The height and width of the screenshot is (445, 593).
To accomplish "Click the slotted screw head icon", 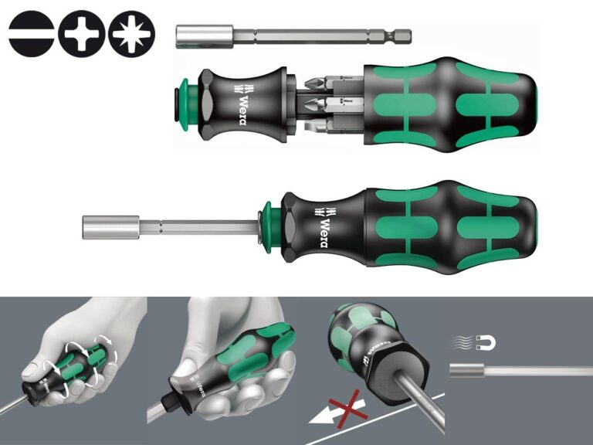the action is click(31, 34).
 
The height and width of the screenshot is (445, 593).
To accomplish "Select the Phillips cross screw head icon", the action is click(81, 34).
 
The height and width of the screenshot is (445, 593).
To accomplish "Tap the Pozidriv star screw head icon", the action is click(131, 34).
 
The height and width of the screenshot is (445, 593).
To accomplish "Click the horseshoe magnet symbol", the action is click(486, 342).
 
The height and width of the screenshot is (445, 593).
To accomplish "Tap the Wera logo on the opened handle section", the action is click(242, 104).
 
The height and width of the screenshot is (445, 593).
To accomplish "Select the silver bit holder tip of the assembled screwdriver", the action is click(110, 227).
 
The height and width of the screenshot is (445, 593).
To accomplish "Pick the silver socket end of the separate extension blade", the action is click(204, 37).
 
